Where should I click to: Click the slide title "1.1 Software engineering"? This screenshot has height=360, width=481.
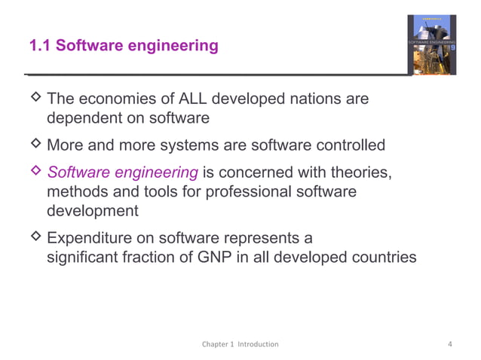tap(124, 47)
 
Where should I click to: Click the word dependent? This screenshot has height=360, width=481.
tap(83, 119)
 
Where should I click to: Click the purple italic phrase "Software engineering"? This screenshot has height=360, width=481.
tap(122, 172)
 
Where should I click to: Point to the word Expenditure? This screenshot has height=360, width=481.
tap(92, 238)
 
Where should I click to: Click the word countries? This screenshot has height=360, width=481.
tap(378, 257)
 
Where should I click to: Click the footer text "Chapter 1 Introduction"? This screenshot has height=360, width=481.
tap(240, 344)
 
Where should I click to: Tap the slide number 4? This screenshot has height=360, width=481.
tap(450, 344)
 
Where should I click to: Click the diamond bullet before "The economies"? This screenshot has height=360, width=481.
tap(35, 99)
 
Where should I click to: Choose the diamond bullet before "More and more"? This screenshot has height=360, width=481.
tap(35, 144)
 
